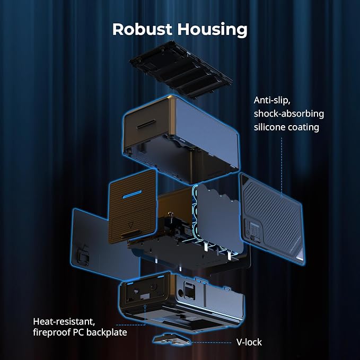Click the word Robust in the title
pos(142,29)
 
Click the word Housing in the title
pos(213,30)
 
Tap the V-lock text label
pos(249,342)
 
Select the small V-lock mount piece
pos(172,339)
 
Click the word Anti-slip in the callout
pos(272,100)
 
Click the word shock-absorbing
pos(289,113)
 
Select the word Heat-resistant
pos(64,321)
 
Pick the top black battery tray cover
pos(181,69)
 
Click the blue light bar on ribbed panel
pos(132,194)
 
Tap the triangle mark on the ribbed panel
pos(130,225)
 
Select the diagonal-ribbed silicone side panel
pos(273,219)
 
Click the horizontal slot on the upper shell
pos(146,124)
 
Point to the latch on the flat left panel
pos(83,255)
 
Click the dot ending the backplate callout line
pos(145,306)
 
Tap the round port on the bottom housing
pos(181,293)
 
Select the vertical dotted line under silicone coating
pos(282,167)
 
